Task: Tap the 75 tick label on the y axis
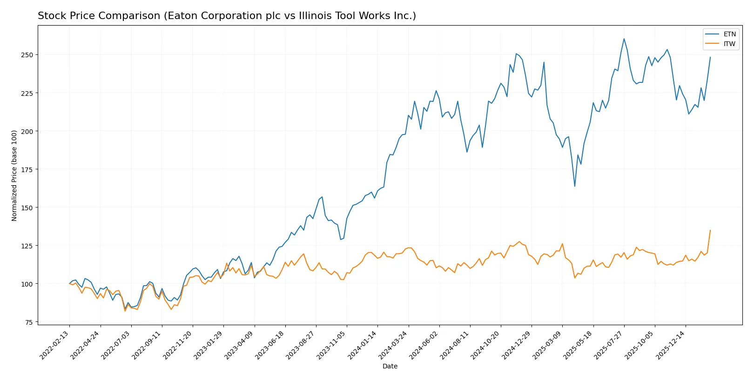pos(29,322)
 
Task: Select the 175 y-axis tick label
pos(27,169)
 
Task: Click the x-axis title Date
pos(390,366)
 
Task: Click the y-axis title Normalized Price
pos(14,175)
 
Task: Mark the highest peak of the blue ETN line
pos(624,39)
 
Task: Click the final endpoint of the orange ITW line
pos(710,230)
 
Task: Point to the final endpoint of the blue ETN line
pos(710,57)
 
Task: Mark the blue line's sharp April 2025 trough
pos(575,187)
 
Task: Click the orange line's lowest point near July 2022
pos(125,311)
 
